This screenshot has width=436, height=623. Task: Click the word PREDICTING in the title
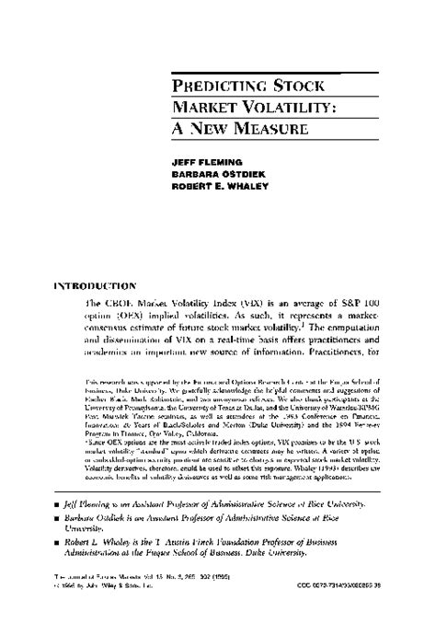[219, 87]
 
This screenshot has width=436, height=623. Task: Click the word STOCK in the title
[301, 87]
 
